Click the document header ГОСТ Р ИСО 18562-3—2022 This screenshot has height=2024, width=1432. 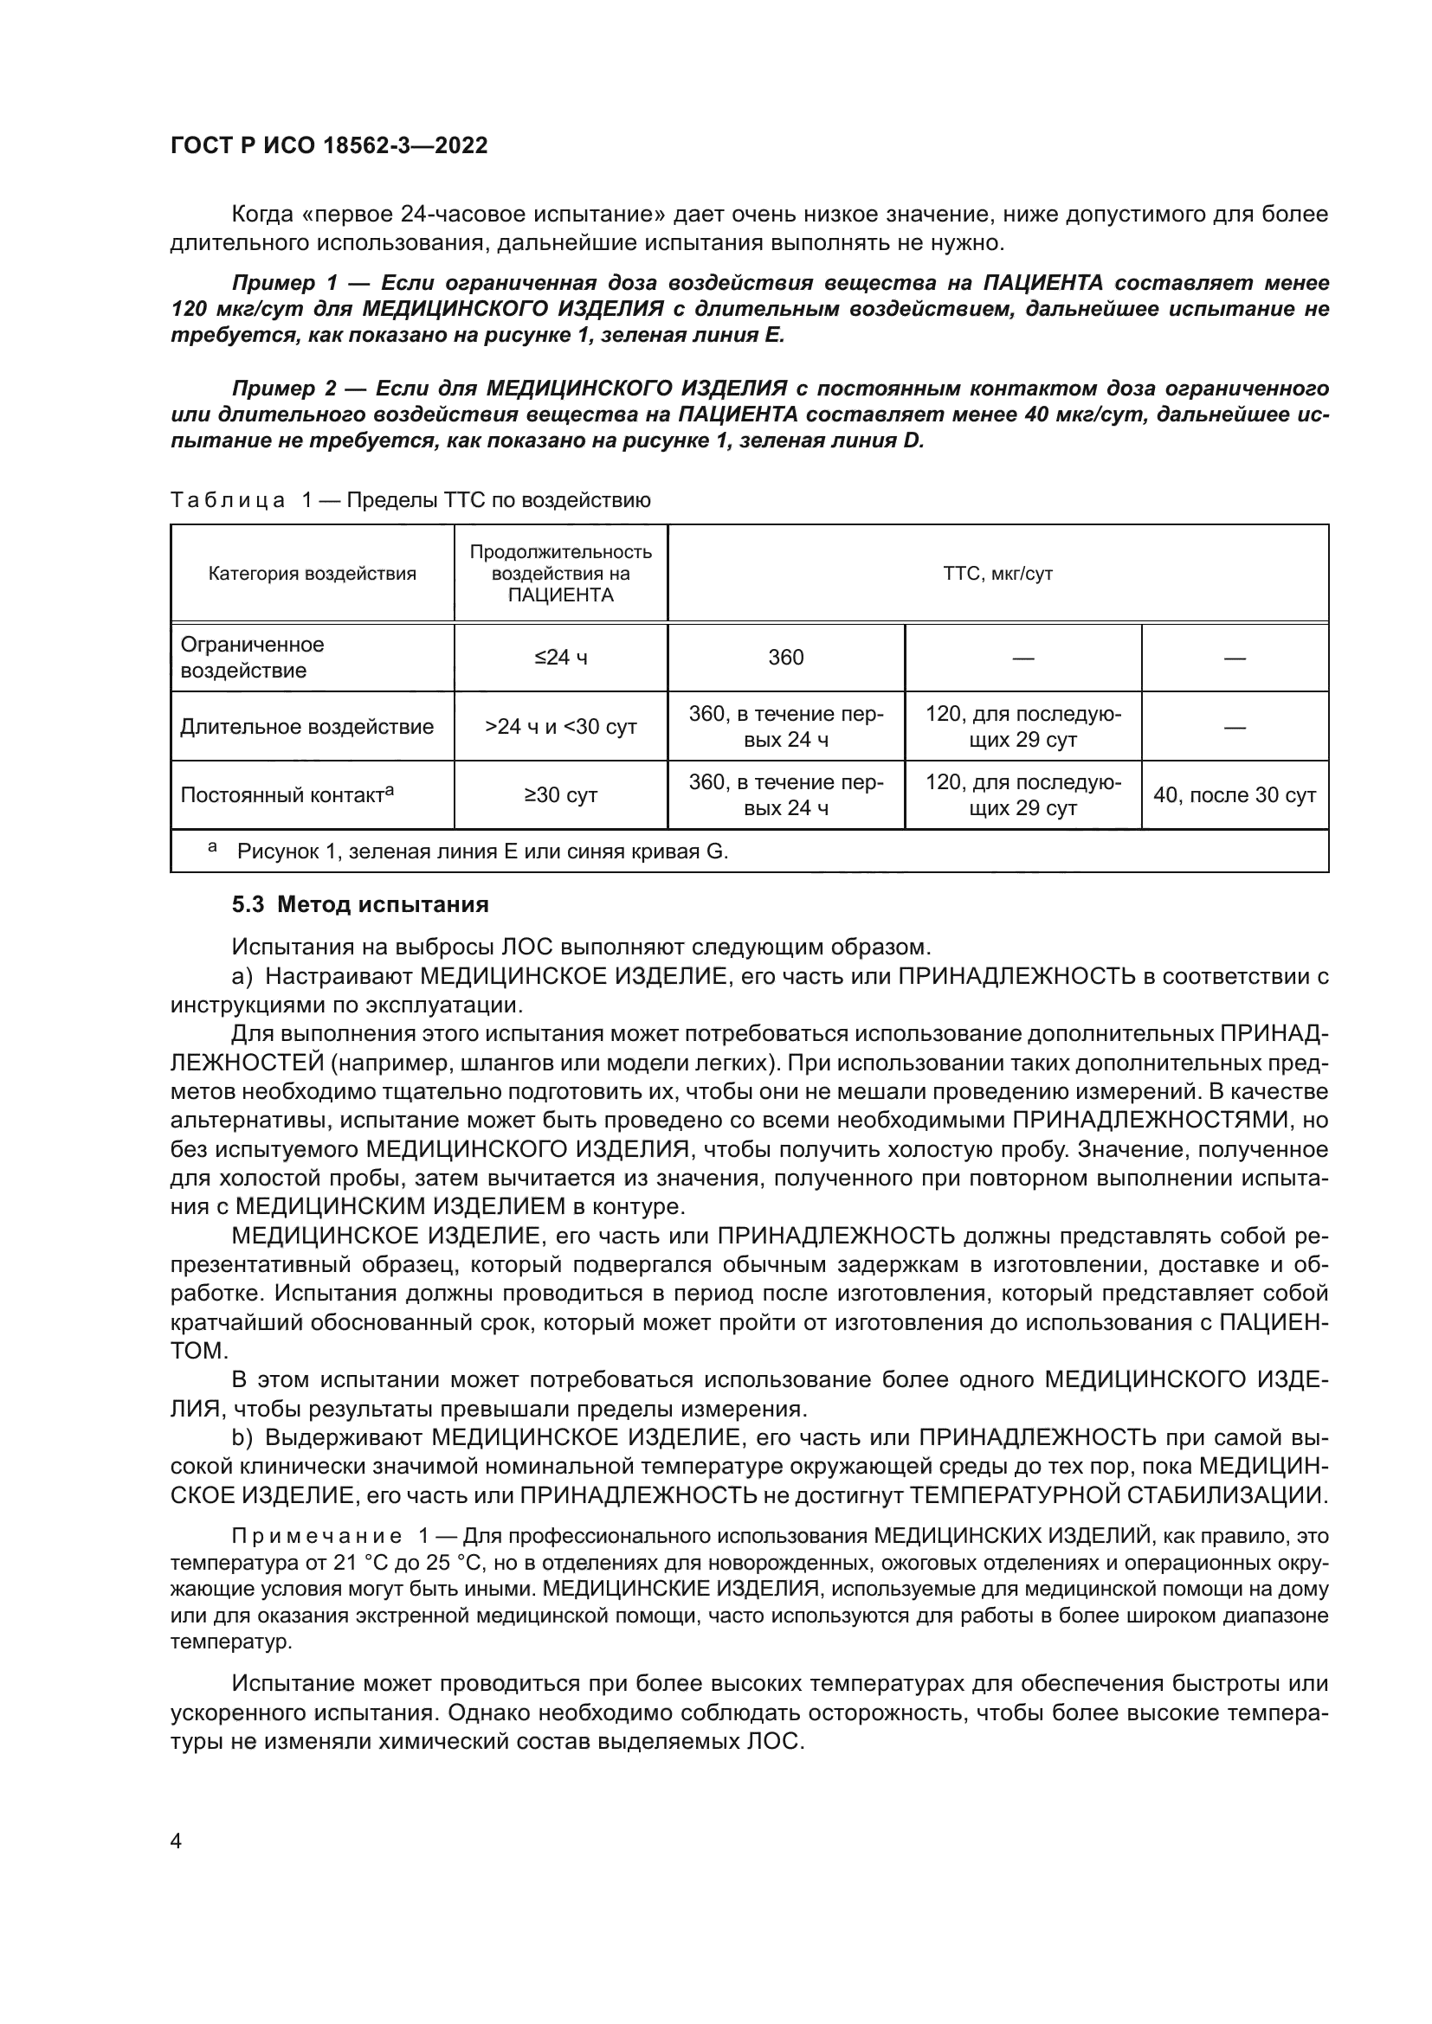pos(329,145)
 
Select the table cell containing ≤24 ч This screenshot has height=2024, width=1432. pos(561,658)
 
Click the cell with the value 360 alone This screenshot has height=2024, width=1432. pos(785,658)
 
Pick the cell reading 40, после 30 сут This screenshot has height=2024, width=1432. pos(1234,795)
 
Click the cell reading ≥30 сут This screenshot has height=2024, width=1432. pos(561,795)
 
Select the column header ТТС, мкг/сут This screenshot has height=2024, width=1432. pos(997,574)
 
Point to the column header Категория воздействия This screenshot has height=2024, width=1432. pos(313,574)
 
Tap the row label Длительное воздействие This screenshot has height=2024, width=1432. pos(306,726)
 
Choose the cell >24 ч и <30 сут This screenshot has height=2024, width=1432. pos(561,727)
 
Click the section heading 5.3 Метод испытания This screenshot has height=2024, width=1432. pos(360,904)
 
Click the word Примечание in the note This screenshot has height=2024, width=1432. pos(317,1536)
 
